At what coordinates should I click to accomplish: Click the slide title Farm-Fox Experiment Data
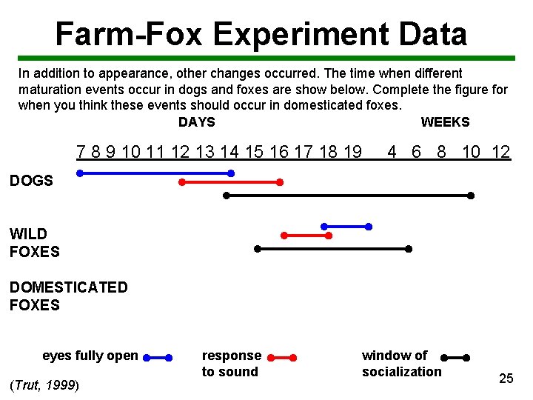pyautogui.click(x=261, y=34)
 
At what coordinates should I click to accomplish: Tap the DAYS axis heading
pyautogui.click(x=196, y=122)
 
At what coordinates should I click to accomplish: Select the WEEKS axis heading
pyautogui.click(x=445, y=122)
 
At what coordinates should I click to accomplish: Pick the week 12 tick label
pyautogui.click(x=500, y=153)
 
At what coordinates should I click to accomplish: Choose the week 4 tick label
pyautogui.click(x=392, y=153)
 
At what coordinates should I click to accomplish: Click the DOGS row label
pyautogui.click(x=31, y=181)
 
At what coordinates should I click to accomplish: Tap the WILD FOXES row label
pyautogui.click(x=34, y=243)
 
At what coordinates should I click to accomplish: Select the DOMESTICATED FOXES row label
pyautogui.click(x=68, y=296)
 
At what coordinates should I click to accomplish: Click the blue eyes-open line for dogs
pyautogui.click(x=155, y=173)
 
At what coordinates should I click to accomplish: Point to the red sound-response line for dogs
pyautogui.click(x=230, y=181)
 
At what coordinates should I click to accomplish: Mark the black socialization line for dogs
pyautogui.click(x=348, y=196)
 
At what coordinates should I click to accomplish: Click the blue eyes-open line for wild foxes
pyautogui.click(x=346, y=226)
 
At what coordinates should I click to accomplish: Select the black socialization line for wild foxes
pyautogui.click(x=333, y=249)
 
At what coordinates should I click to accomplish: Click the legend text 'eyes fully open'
pyautogui.click(x=90, y=356)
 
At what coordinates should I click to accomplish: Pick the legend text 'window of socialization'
pyautogui.click(x=401, y=364)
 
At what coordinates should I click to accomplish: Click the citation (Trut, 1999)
pyautogui.click(x=44, y=385)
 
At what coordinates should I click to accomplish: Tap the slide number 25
pyautogui.click(x=506, y=379)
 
